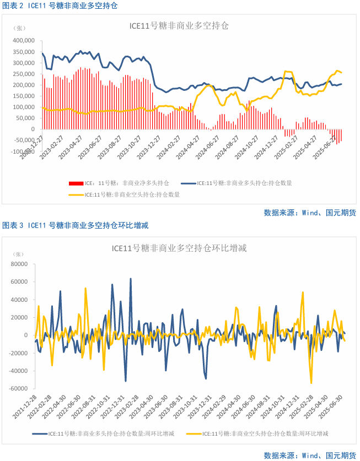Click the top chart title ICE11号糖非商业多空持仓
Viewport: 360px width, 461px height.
179,26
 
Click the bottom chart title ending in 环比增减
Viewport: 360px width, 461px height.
179,248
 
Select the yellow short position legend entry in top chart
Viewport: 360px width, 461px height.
124,194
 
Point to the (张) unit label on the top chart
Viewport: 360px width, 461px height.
19,28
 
